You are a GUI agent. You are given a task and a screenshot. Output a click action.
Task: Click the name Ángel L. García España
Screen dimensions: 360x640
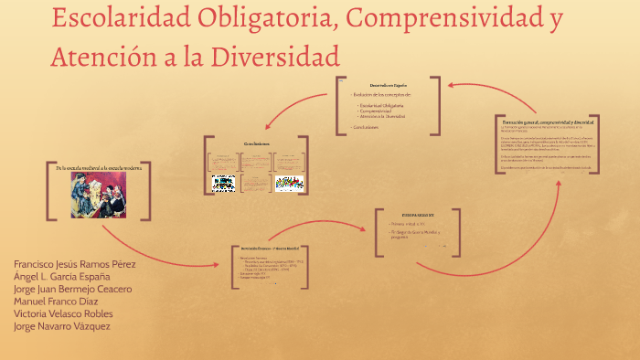pyautogui.click(x=62, y=277)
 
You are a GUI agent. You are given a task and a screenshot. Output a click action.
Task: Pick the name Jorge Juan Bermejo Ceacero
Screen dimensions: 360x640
pyautogui.click(x=73, y=290)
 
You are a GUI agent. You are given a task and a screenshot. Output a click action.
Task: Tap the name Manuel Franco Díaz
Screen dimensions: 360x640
pyautogui.click(x=56, y=302)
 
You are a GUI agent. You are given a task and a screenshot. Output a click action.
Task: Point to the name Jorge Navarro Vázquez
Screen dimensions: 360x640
pyautogui.click(x=62, y=327)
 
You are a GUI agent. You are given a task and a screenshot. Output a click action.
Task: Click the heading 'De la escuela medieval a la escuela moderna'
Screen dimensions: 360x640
pyautogui.click(x=98, y=168)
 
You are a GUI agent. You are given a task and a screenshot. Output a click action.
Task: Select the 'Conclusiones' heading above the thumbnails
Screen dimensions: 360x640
pyautogui.click(x=257, y=144)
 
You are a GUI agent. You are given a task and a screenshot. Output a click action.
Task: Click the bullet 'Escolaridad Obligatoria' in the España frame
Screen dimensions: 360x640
pyautogui.click(x=386, y=106)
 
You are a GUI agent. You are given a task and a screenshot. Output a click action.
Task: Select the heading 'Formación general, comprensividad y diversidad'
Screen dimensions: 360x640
pyautogui.click(x=548, y=122)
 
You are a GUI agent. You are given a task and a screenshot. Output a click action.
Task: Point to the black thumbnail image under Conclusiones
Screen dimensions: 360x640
pyautogui.click(x=224, y=183)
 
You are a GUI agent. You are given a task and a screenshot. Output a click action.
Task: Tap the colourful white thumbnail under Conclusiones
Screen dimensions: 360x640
pyautogui.click(x=290, y=183)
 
